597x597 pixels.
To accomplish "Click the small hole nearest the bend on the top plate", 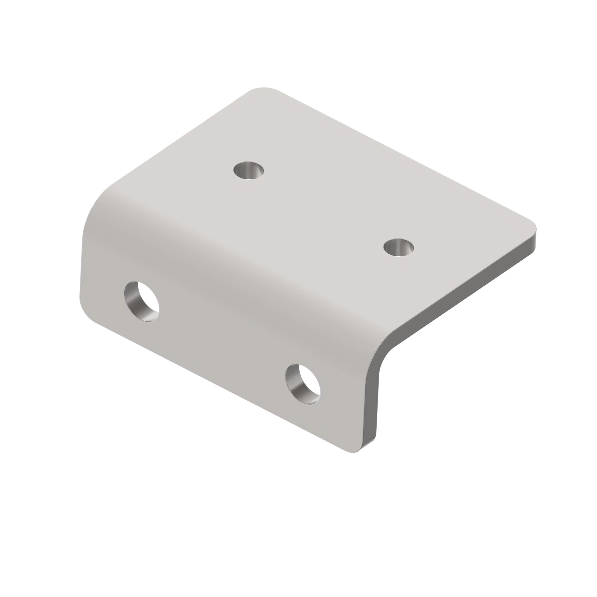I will click(249, 170).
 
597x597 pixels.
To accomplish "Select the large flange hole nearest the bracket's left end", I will click(142, 301).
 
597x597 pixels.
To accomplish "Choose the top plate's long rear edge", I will click(402, 155).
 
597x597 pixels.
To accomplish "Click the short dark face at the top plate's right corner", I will click(534, 239).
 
